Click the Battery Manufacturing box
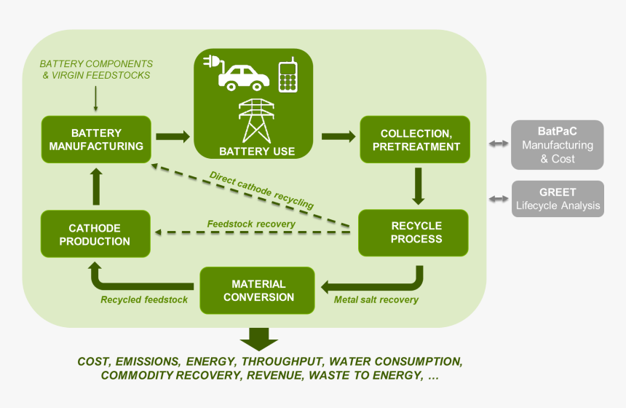[x=96, y=140]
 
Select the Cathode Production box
[x=95, y=234]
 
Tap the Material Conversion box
[x=258, y=290]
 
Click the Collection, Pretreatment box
[x=416, y=140]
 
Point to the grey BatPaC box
[x=557, y=144]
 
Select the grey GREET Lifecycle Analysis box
[x=557, y=199]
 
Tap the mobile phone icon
[x=288, y=75]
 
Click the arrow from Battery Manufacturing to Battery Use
[x=172, y=136]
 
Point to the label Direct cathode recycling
[x=261, y=191]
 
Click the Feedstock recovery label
[x=251, y=224]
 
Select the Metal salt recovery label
[x=376, y=299]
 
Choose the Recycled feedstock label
[x=144, y=299]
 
